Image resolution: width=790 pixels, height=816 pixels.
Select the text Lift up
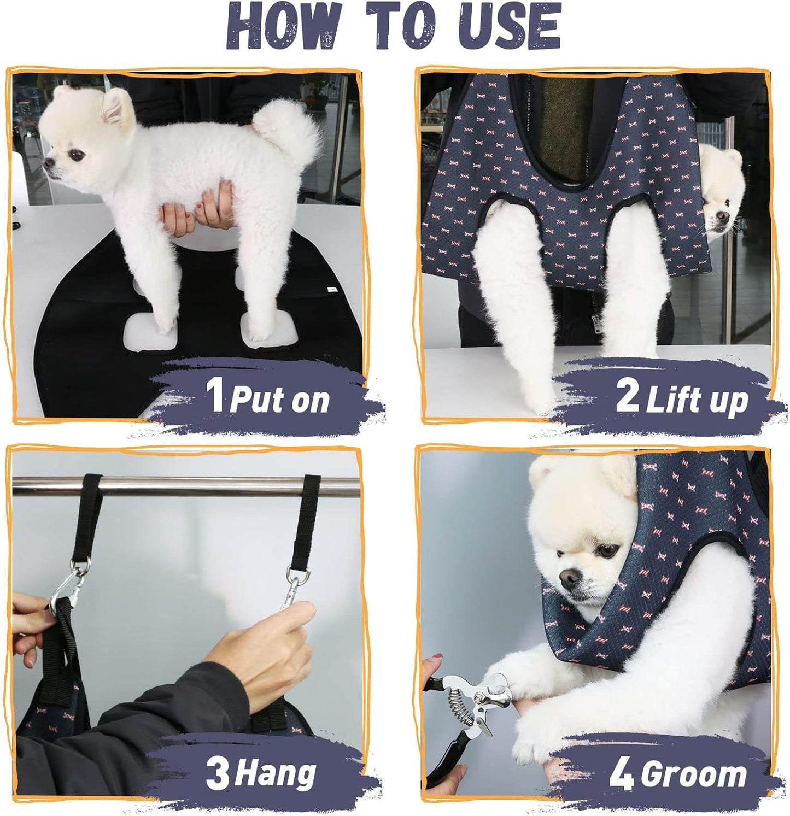tap(697, 401)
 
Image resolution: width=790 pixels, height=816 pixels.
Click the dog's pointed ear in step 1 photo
tap(118, 107)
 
